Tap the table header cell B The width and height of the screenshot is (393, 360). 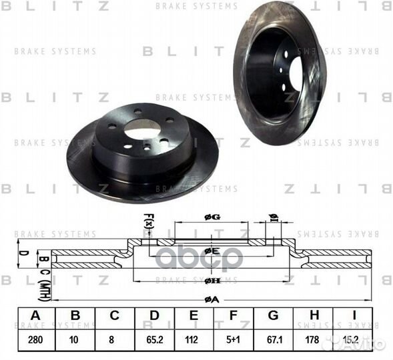[x=75, y=315]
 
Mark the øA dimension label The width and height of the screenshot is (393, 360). [x=213, y=300]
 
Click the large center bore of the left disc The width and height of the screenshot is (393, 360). [x=143, y=125]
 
